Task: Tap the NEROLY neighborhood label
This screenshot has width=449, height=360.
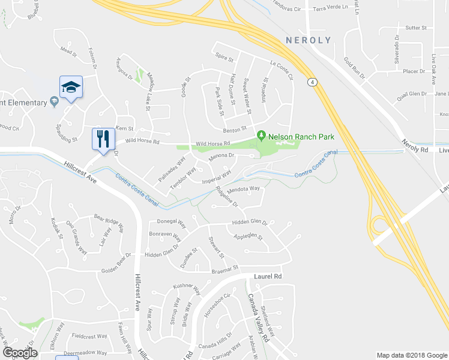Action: click(x=308, y=40)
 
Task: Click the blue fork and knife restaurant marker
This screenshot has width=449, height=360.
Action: click(x=103, y=140)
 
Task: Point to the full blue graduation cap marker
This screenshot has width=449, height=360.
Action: click(x=71, y=88)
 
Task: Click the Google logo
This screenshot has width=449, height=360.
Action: click(x=20, y=353)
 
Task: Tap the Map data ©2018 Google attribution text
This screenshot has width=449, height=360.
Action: click(x=411, y=355)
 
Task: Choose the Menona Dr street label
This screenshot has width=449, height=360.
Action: click(x=220, y=157)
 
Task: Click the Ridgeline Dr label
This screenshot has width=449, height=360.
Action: click(x=227, y=196)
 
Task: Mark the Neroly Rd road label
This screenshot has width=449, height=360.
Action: click(x=415, y=150)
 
